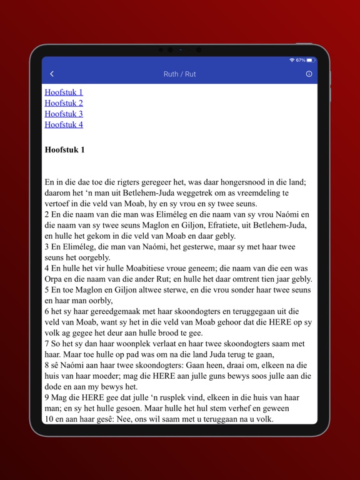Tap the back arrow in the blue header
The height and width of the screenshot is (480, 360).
52,74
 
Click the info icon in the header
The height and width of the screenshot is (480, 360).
309,74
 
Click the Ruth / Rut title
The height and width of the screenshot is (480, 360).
179,74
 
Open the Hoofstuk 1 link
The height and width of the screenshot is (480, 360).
64,92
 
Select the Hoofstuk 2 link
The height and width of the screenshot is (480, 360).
64,103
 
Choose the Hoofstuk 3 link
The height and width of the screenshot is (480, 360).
64,114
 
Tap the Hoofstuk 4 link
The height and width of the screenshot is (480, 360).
64,124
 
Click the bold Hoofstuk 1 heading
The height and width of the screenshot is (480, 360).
65,150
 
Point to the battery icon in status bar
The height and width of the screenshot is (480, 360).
311,60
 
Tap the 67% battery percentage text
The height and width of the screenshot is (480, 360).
301,60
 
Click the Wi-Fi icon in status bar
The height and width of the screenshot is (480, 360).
292,60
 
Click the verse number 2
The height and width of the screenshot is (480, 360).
47,214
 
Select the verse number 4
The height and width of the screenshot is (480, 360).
47,268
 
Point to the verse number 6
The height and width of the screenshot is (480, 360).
47,311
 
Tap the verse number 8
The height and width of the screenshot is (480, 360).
47,365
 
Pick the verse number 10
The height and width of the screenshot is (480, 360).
49,419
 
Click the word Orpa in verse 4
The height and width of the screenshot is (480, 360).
54,279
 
